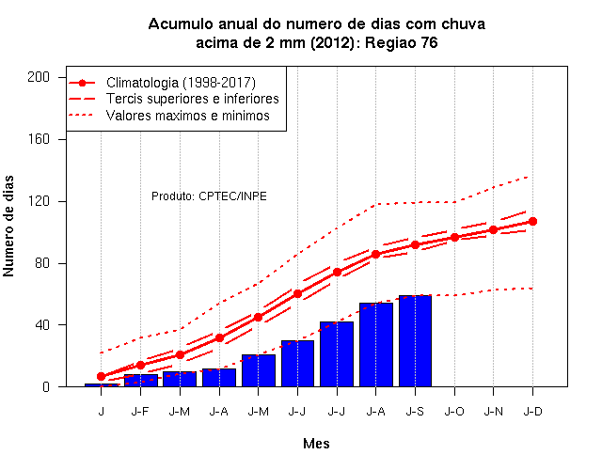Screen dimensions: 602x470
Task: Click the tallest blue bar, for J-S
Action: pos(415,340)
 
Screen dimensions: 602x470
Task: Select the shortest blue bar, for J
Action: pos(102,384)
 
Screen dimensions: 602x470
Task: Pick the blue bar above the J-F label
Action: pos(140,380)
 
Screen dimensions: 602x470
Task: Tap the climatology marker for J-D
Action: pos(532,222)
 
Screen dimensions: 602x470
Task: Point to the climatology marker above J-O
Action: pos(454,238)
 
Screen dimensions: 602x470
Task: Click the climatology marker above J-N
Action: pos(493,229)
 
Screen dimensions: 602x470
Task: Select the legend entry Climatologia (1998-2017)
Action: pos(162,83)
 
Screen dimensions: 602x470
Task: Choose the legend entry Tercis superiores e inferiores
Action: pos(174,99)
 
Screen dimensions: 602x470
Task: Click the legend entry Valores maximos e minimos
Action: pos(169,116)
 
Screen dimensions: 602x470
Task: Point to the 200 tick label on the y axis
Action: pos(39,77)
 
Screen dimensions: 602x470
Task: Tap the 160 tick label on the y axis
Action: pos(39,139)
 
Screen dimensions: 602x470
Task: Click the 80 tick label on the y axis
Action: pos(42,263)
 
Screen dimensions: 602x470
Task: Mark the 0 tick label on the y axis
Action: pos(46,386)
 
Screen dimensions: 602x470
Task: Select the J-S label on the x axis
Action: pos(415,412)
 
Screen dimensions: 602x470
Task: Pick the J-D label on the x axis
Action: pos(533,412)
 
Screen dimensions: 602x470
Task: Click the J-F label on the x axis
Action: pos(140,412)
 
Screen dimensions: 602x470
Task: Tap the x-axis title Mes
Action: pos(316,444)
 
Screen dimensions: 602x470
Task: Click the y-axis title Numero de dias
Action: pos(8,226)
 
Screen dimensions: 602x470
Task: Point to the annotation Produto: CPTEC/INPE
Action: pos(209,196)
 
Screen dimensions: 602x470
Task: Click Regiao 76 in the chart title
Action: pos(401,42)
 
